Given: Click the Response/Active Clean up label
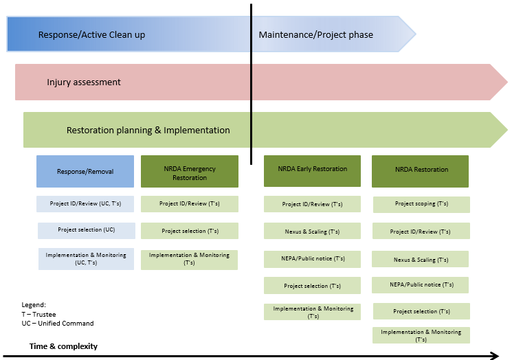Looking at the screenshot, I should point(91,35).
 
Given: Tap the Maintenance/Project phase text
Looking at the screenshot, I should point(315,35).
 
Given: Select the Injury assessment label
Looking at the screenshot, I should point(84,82).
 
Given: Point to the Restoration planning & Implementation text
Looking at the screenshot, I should point(148,130).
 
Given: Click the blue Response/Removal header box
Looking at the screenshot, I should point(85,171).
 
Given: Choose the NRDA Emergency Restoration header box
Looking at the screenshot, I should point(190,172).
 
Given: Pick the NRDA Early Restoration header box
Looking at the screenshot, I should point(313,170).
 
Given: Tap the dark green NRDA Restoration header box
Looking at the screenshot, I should point(421,170).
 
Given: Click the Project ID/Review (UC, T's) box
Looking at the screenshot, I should point(85,204).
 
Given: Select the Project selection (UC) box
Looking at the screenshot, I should point(85,230).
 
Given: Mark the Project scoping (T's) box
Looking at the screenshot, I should point(421,204).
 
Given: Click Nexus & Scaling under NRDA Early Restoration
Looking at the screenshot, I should point(313,232).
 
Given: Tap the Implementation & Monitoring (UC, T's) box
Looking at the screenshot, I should point(85,258).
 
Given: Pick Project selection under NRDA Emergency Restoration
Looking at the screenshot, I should point(190,231).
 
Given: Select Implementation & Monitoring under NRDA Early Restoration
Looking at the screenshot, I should point(313,312).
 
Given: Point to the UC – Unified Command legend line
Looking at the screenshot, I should point(58,324).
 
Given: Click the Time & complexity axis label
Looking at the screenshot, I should point(63,346).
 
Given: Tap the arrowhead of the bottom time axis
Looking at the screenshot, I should point(493,355).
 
